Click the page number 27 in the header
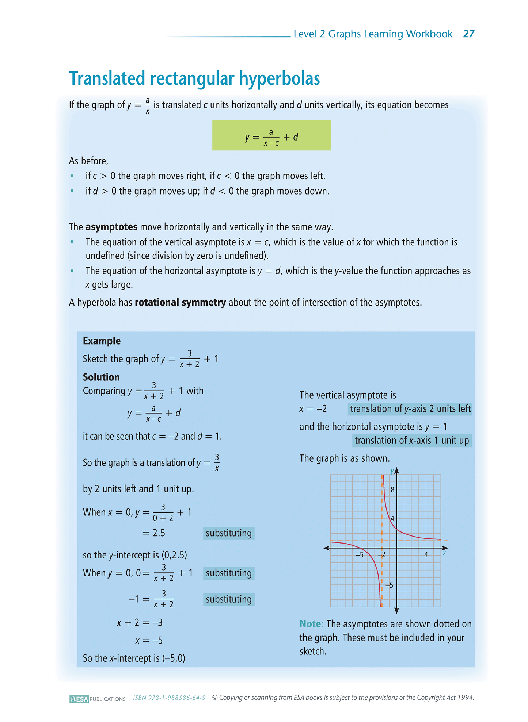468,34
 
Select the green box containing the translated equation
271,135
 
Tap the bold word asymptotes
111,227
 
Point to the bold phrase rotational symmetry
180,303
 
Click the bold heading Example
102,341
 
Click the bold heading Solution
101,377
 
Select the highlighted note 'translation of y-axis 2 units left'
410,409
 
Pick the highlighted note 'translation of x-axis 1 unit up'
412,441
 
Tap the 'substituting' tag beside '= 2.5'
229,533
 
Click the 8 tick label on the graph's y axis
392,490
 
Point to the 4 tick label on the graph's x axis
426,555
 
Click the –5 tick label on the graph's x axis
360,555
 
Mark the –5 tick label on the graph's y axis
390,585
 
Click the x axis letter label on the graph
444,553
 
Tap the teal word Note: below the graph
311,624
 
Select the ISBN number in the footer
169,698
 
